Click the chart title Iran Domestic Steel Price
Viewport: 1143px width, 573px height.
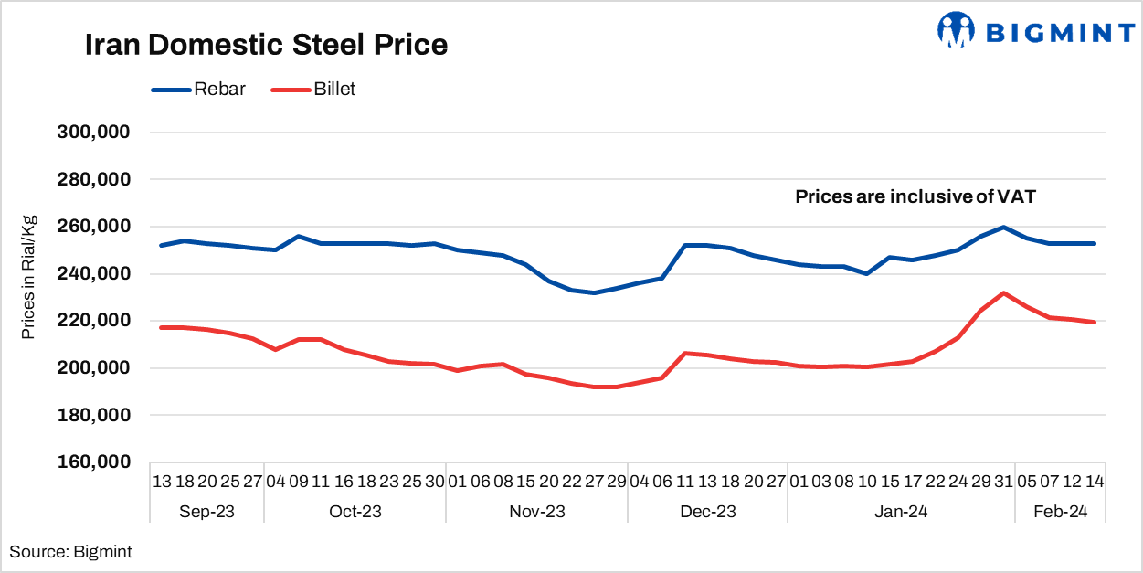266,45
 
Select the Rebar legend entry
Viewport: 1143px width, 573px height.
199,89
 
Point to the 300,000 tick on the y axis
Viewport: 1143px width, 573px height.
95,132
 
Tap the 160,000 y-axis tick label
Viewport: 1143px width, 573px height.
95,462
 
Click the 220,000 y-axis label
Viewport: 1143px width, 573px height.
95,321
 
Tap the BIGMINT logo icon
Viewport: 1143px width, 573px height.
957,30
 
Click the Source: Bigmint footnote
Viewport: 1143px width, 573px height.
70,551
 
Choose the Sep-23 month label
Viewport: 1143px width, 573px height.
206,511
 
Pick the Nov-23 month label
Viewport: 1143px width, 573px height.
537,511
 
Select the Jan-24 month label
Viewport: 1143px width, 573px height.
901,511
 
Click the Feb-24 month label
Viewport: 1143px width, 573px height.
1060,511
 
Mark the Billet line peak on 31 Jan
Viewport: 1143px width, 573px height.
1003,293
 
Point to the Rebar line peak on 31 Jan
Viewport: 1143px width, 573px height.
1003,227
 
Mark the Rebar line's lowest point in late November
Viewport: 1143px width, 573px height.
595,292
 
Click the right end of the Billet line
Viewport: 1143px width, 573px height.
1094,322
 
